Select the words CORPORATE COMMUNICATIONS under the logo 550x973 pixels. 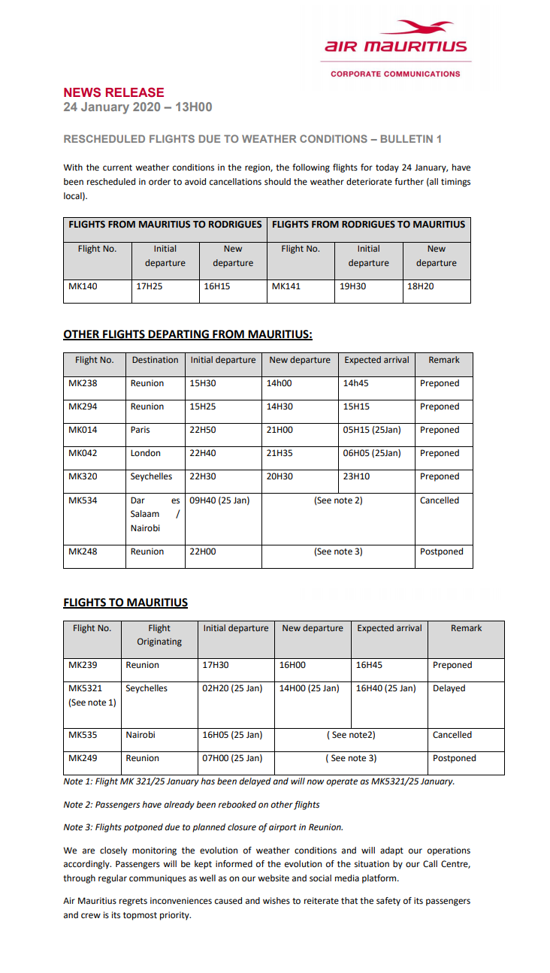tap(395, 74)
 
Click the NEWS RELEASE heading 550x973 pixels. tap(113, 93)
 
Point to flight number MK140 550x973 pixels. tap(83, 286)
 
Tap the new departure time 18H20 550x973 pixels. tap(421, 286)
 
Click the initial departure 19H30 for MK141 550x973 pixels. tap(353, 286)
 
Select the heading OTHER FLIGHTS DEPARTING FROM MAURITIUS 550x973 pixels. tap(187, 334)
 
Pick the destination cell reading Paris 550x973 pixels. tap(141, 430)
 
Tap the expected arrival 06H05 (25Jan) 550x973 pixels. tap(372, 453)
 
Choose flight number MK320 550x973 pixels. tap(83, 476)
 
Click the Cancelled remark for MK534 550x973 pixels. tap(440, 500)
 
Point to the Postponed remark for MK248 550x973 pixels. tap(442, 551)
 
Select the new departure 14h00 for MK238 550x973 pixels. tap(280, 383)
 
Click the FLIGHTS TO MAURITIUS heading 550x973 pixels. tap(125, 603)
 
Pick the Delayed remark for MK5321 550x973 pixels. tap(449, 688)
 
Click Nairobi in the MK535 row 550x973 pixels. tap(141, 735)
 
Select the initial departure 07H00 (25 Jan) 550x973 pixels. tap(232, 758)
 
